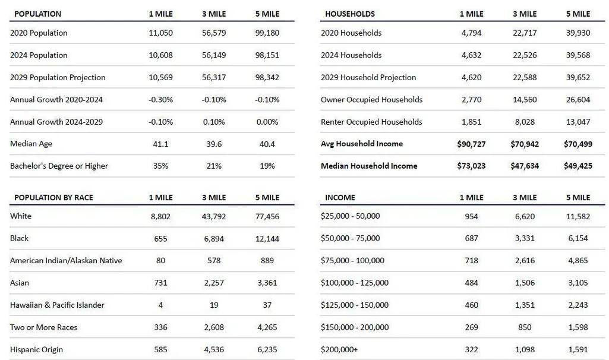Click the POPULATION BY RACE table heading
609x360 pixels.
[53, 197]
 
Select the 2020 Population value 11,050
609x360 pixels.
[160, 33]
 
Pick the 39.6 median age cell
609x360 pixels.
[214, 144]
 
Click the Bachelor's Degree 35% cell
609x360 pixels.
[160, 166]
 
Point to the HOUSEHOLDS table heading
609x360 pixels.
[350, 14]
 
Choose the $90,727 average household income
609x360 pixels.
[471, 144]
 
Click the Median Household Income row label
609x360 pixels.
[369, 166]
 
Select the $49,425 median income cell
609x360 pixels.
[578, 166]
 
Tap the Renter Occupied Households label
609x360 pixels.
[371, 122]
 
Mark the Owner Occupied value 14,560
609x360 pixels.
[525, 100]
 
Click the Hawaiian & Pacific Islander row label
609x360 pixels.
[57, 305]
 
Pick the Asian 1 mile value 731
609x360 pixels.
[160, 283]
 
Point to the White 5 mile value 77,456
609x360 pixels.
[267, 217]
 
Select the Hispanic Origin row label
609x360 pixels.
[36, 349]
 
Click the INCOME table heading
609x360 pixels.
[340, 197]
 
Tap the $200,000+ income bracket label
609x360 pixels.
[339, 349]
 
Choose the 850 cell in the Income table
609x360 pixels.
[525, 327]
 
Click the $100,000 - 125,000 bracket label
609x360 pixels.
[355, 283]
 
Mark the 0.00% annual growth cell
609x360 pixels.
[267, 122]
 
